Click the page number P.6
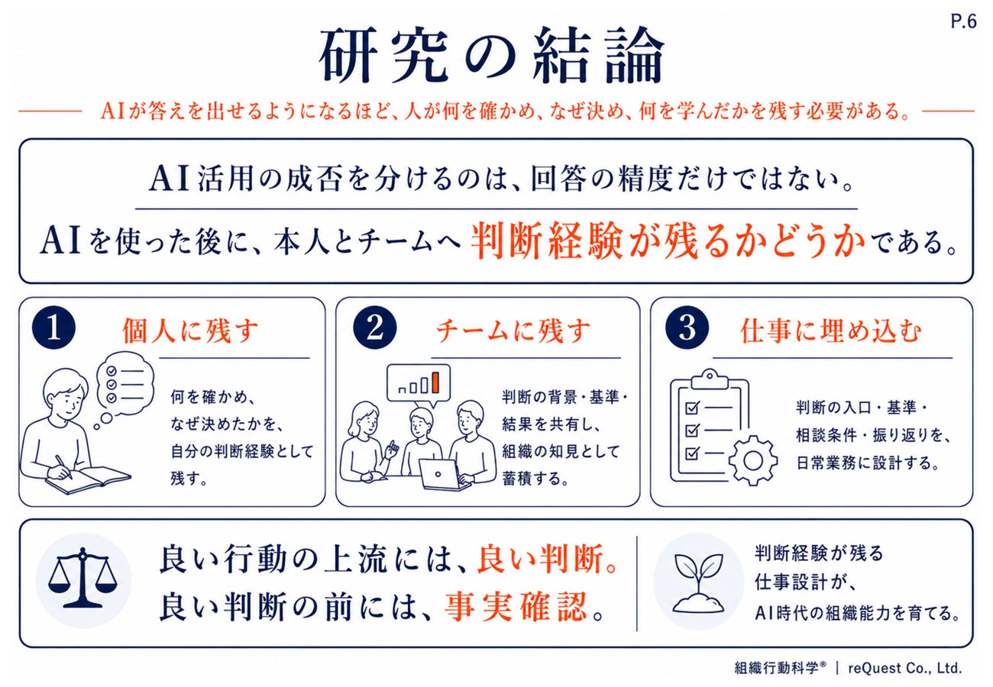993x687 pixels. (963, 21)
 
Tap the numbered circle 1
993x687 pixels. (53, 328)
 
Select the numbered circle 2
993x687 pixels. (375, 328)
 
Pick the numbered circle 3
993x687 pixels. (687, 328)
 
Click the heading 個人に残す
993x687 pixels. (190, 331)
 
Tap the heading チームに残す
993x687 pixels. (513, 331)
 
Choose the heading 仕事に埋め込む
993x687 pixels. (831, 331)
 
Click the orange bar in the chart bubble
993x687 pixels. (435, 382)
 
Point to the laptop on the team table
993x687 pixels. (445, 474)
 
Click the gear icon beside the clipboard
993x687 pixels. (752, 460)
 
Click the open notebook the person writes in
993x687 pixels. (89, 480)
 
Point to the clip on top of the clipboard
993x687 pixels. (710, 379)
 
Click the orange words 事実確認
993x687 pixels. (516, 606)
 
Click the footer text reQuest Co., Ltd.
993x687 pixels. (905, 667)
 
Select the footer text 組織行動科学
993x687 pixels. (776, 667)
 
